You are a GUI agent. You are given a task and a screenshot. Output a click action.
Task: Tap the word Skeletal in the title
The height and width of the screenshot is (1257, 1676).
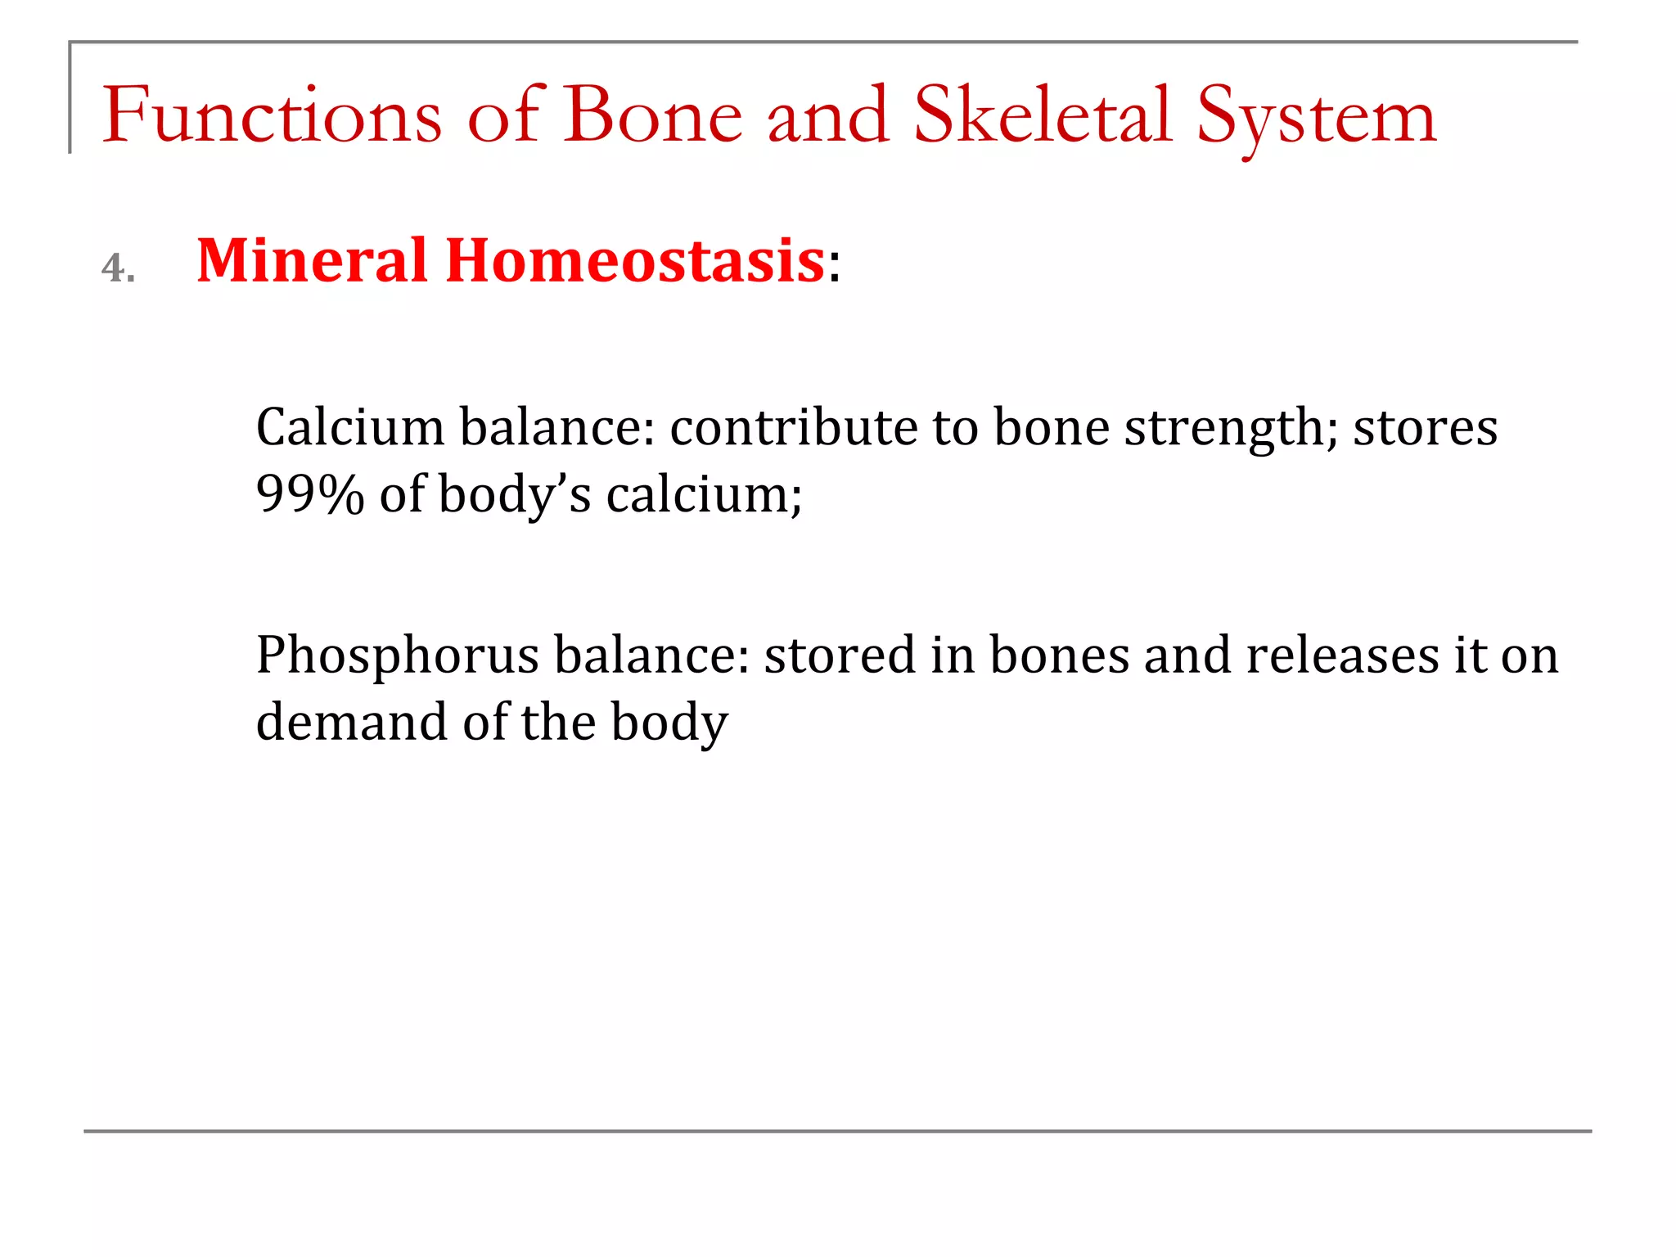[1043, 115]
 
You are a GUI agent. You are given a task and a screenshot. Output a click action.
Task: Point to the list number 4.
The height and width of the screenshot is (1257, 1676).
[117, 268]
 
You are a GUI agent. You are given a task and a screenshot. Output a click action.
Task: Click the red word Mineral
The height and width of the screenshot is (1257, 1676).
[312, 261]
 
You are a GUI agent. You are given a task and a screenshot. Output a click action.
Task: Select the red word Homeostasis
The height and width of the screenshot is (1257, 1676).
[635, 261]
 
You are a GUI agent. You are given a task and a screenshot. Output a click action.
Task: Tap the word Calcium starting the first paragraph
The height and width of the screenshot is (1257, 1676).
[349, 427]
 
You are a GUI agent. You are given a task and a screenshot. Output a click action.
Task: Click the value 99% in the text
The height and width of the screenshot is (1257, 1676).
[309, 494]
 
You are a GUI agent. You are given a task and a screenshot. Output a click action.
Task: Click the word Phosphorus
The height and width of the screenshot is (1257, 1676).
[398, 656]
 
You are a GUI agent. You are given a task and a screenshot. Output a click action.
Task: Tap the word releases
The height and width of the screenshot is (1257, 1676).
[1342, 656]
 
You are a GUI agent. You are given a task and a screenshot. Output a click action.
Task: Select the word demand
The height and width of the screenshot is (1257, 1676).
[351, 723]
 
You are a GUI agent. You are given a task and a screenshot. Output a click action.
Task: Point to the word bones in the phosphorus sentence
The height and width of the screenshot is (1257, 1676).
[1059, 656]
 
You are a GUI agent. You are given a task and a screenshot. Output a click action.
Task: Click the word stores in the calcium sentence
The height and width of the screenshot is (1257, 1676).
[1425, 427]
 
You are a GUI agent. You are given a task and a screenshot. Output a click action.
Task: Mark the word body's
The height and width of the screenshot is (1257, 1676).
[514, 496]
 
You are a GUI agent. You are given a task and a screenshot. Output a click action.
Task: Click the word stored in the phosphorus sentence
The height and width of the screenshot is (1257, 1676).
[840, 656]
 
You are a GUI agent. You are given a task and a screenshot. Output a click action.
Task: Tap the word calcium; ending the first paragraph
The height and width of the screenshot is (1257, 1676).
[704, 494]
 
